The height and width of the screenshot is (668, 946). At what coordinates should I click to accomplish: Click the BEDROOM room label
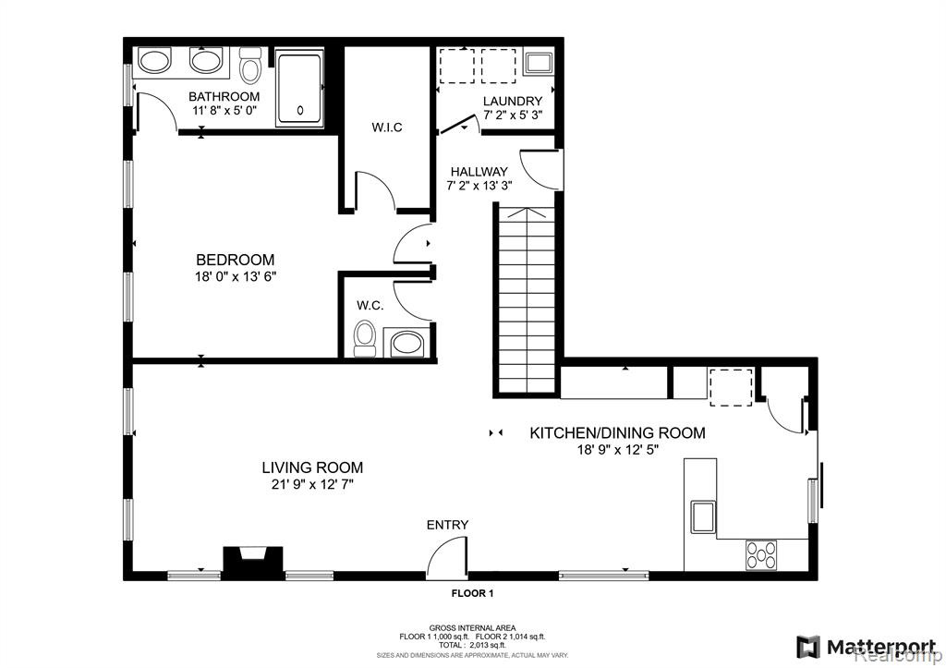pos(236,260)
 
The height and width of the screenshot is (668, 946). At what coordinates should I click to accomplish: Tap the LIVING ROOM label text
pos(312,468)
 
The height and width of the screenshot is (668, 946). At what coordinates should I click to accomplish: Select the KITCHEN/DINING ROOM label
pos(617,432)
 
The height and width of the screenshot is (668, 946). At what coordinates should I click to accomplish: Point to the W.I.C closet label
pos(387,128)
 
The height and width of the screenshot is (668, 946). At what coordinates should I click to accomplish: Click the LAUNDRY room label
pos(513,102)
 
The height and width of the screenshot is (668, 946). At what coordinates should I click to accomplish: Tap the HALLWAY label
pos(479,172)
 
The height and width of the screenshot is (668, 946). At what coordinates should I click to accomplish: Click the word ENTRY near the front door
pos(448,525)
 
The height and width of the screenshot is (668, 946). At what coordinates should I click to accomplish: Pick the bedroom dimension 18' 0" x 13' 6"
pos(236,277)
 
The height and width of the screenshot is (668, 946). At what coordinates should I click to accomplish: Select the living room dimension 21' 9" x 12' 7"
pos(312,484)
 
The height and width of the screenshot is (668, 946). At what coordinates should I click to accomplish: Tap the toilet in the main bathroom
pos(249,66)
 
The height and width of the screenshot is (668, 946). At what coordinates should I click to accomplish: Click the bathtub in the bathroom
pos(299,88)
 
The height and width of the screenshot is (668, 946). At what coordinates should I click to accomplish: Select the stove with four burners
pos(761,555)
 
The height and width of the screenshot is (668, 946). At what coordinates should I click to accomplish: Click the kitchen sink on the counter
pos(703,517)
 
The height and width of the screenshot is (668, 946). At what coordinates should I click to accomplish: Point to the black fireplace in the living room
pos(253,563)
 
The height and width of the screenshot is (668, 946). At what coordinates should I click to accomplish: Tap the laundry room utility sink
pos(539,64)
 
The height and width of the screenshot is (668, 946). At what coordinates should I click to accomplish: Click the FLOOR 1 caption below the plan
pos(473,594)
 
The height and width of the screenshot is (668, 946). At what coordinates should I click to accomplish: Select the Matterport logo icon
pos(807,648)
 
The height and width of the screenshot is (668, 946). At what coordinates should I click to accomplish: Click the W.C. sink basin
pos(407,344)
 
